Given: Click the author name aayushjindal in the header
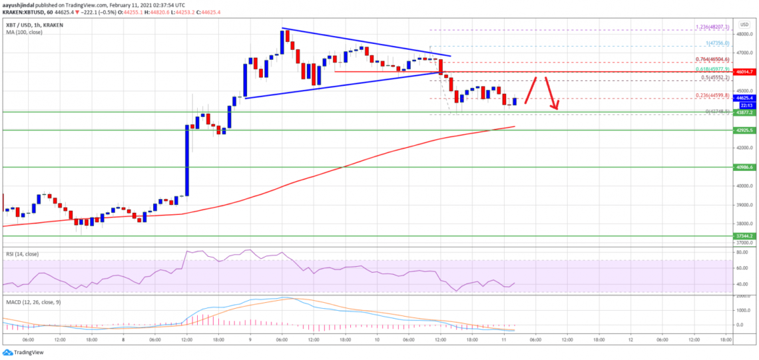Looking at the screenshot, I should [20, 5].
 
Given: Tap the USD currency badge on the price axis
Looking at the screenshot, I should [743, 24].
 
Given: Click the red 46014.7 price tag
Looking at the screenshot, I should [744, 71].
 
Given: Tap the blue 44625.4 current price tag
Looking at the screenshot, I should [744, 97].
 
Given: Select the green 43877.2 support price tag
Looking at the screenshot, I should [744, 112].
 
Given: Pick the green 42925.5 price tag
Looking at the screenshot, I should [744, 130].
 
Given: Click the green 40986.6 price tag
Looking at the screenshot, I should [744, 168].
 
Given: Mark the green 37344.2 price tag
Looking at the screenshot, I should [744, 236].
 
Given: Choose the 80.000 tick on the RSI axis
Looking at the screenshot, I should [742, 253].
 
